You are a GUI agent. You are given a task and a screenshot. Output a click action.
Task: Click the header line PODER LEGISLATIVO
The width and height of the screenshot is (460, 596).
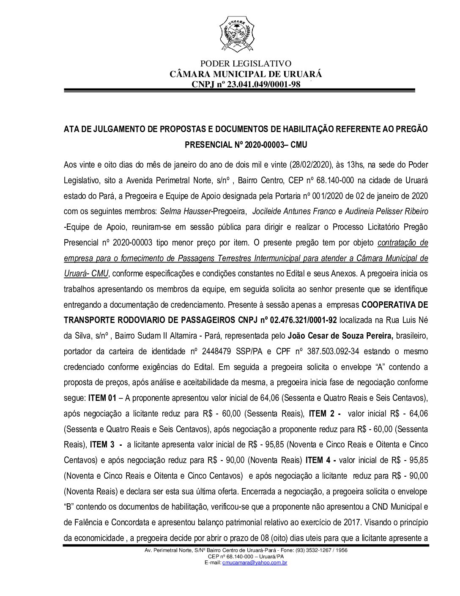pos(245,64)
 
